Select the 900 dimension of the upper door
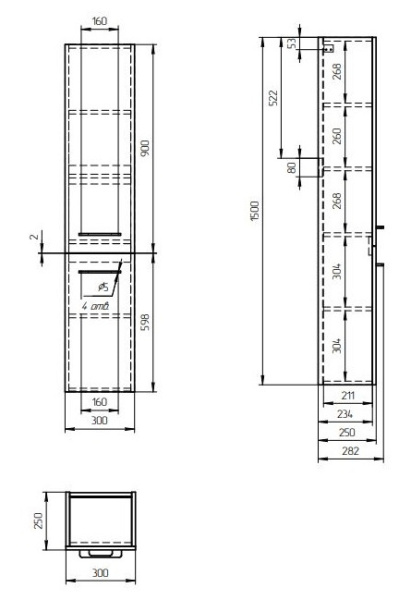point(146,148)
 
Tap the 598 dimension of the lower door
point(146,322)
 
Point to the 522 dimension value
point(274,97)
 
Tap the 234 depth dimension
point(343,413)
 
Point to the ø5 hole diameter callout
point(104,286)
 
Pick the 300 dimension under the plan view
point(100,574)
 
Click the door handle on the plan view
point(100,553)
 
